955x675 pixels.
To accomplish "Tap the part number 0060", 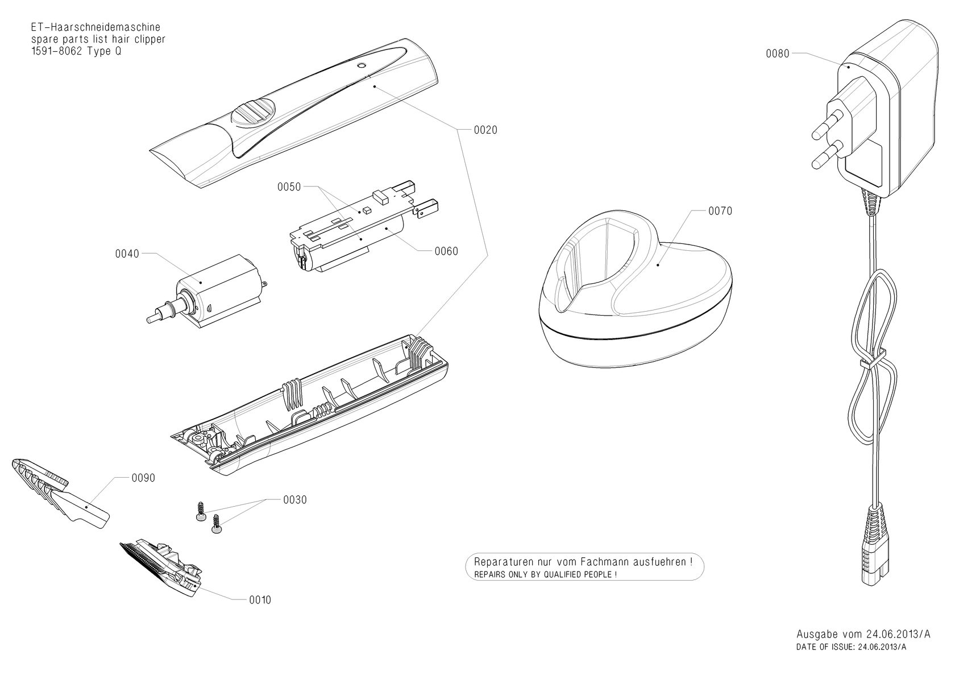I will click(x=446, y=251).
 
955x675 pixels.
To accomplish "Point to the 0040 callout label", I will click(x=127, y=254).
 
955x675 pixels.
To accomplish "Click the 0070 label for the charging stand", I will click(x=720, y=212).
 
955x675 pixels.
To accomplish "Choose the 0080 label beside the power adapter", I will click(x=778, y=54).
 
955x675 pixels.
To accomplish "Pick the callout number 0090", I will click(x=143, y=478).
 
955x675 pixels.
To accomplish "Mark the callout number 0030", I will click(x=294, y=500).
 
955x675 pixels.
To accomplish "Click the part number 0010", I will click(x=260, y=600).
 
